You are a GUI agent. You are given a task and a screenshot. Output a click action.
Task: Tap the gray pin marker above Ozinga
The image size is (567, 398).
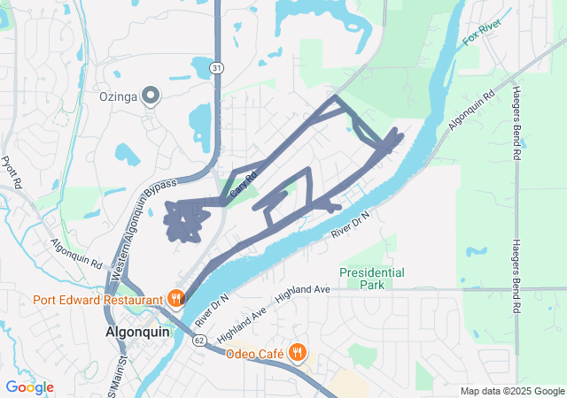[151, 95]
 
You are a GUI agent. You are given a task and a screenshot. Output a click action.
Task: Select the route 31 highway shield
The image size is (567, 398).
[217, 67]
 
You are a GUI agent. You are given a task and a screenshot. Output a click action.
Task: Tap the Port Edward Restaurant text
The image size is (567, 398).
[97, 298]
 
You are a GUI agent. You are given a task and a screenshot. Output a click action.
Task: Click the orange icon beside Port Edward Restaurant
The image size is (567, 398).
[176, 298]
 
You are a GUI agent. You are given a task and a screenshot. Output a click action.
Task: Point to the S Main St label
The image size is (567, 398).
[116, 372]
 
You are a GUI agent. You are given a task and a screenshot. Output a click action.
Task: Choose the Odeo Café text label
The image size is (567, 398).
[253, 354]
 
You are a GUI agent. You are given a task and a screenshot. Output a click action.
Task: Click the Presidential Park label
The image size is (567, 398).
[372, 279]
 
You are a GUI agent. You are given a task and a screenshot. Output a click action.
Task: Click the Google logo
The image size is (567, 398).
[29, 387]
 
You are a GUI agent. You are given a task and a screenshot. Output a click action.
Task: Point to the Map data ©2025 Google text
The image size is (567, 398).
[511, 391]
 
